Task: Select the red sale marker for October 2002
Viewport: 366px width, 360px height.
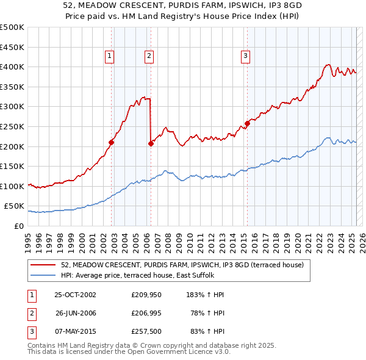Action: click(x=112, y=142)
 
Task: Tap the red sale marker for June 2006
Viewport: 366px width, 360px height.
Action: click(x=151, y=143)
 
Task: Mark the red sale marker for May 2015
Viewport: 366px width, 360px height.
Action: click(x=247, y=123)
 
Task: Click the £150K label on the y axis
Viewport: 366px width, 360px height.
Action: click(x=12, y=166)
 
